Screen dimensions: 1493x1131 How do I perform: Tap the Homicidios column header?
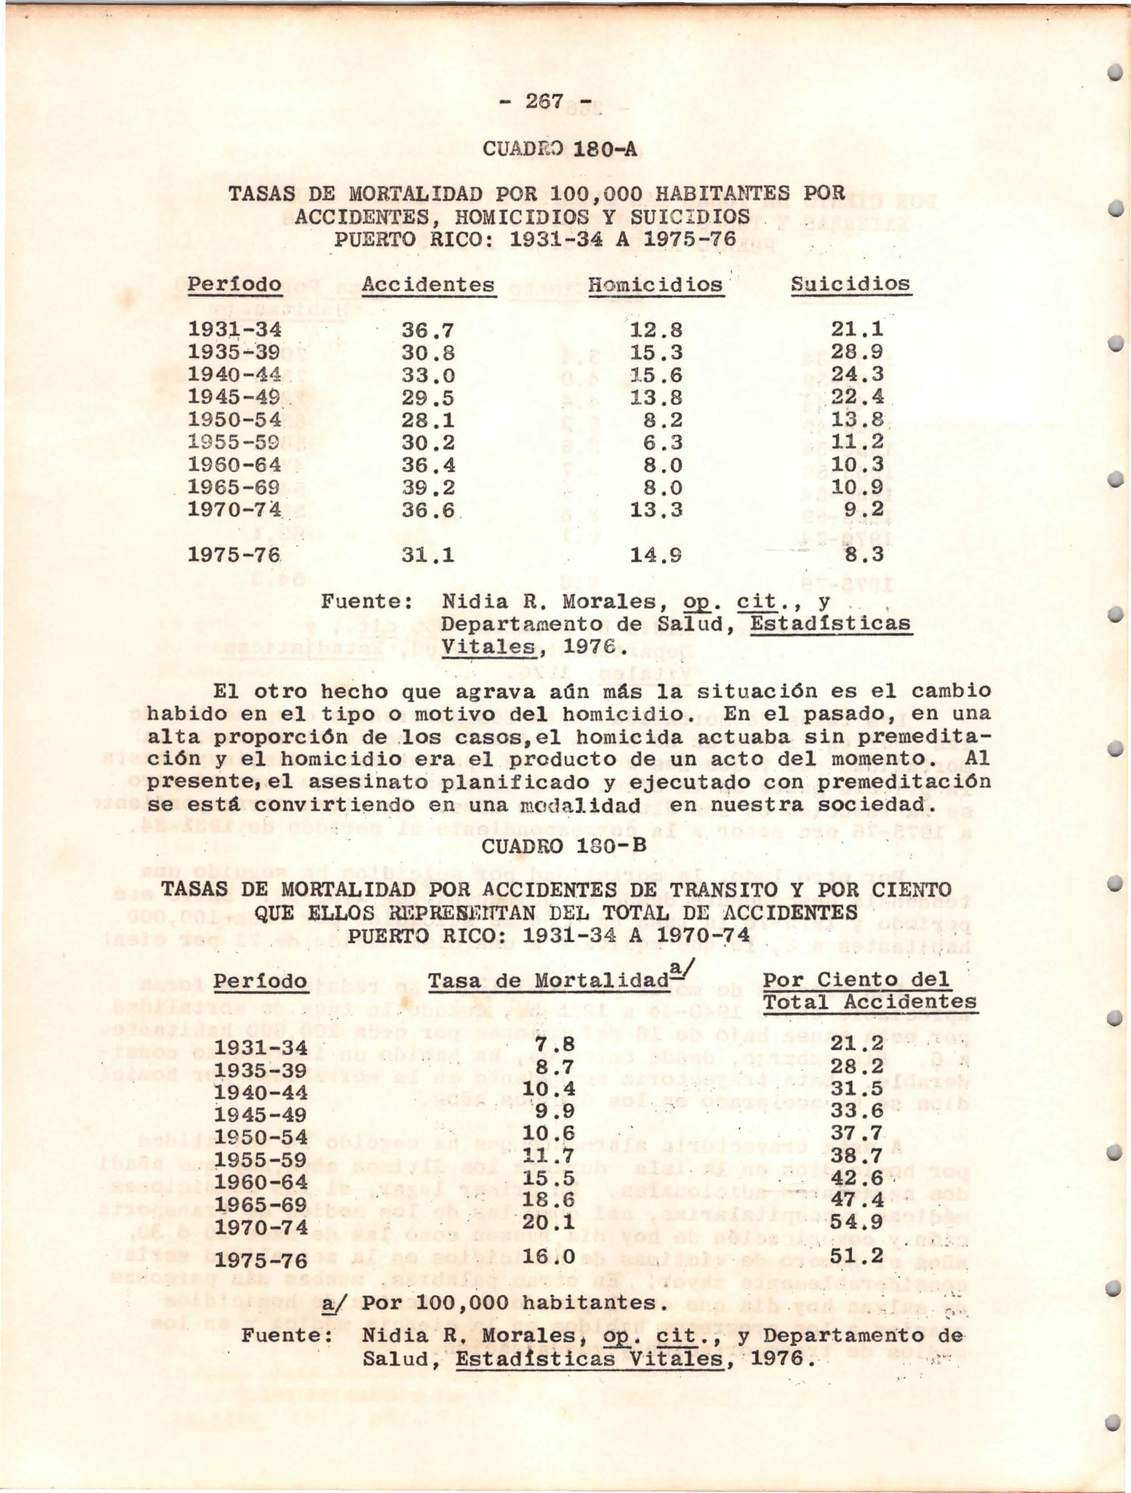[x=654, y=284]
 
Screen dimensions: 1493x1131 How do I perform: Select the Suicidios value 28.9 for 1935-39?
[x=857, y=352]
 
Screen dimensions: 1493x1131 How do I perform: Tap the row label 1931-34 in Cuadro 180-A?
[x=233, y=330]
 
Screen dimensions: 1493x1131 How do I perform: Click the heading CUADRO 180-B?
[x=566, y=845]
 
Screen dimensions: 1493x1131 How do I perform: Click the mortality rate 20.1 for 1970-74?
[x=548, y=1222]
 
